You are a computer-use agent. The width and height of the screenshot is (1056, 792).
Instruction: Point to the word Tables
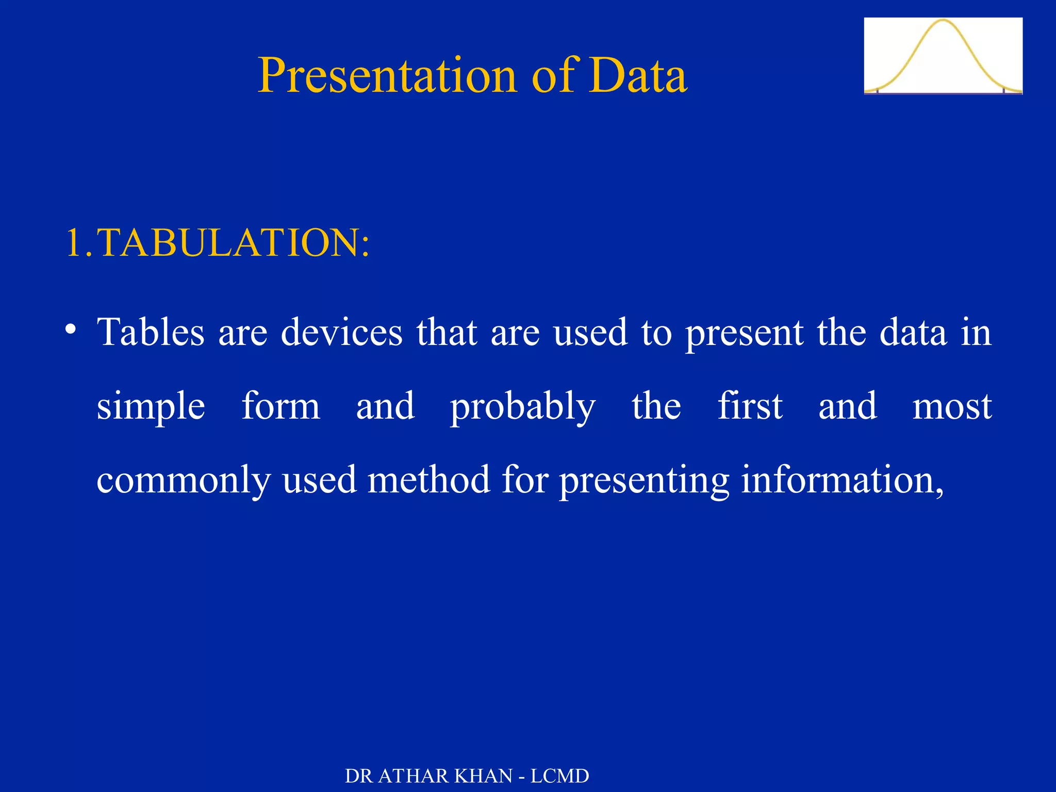(151, 333)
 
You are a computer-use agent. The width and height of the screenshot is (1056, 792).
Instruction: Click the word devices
(341, 333)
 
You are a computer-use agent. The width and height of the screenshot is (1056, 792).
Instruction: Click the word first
(750, 406)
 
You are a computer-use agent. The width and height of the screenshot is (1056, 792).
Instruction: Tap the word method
(428, 480)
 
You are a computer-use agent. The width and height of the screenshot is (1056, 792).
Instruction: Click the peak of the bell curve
(943, 21)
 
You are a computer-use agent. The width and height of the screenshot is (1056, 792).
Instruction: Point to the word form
(281, 406)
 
